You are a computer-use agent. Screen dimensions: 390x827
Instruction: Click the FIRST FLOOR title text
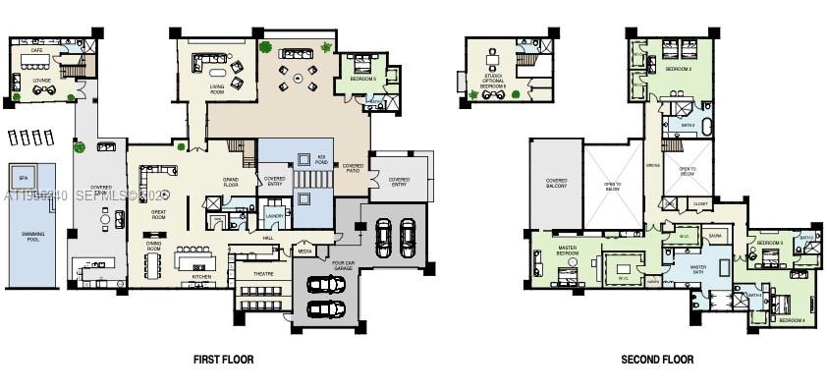pyautogui.click(x=223, y=360)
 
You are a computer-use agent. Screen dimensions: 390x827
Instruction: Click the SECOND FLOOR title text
pyautogui.click(x=657, y=360)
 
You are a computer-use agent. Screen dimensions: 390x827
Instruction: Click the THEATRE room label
pyautogui.click(x=263, y=274)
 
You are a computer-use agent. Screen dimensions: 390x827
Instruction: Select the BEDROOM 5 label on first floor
pyautogui.click(x=364, y=79)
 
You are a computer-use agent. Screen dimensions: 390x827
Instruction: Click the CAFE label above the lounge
pyautogui.click(x=37, y=49)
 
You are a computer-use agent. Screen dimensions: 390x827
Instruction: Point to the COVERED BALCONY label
pyautogui.click(x=557, y=185)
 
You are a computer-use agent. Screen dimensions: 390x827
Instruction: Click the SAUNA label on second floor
pyautogui.click(x=715, y=236)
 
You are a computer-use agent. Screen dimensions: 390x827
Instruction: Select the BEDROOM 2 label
pyautogui.click(x=679, y=70)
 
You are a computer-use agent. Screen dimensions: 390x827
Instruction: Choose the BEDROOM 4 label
pyautogui.click(x=792, y=320)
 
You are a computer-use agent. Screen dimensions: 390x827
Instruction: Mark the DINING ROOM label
pyautogui.click(x=154, y=245)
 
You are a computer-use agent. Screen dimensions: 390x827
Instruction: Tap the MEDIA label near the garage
pyautogui.click(x=305, y=252)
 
